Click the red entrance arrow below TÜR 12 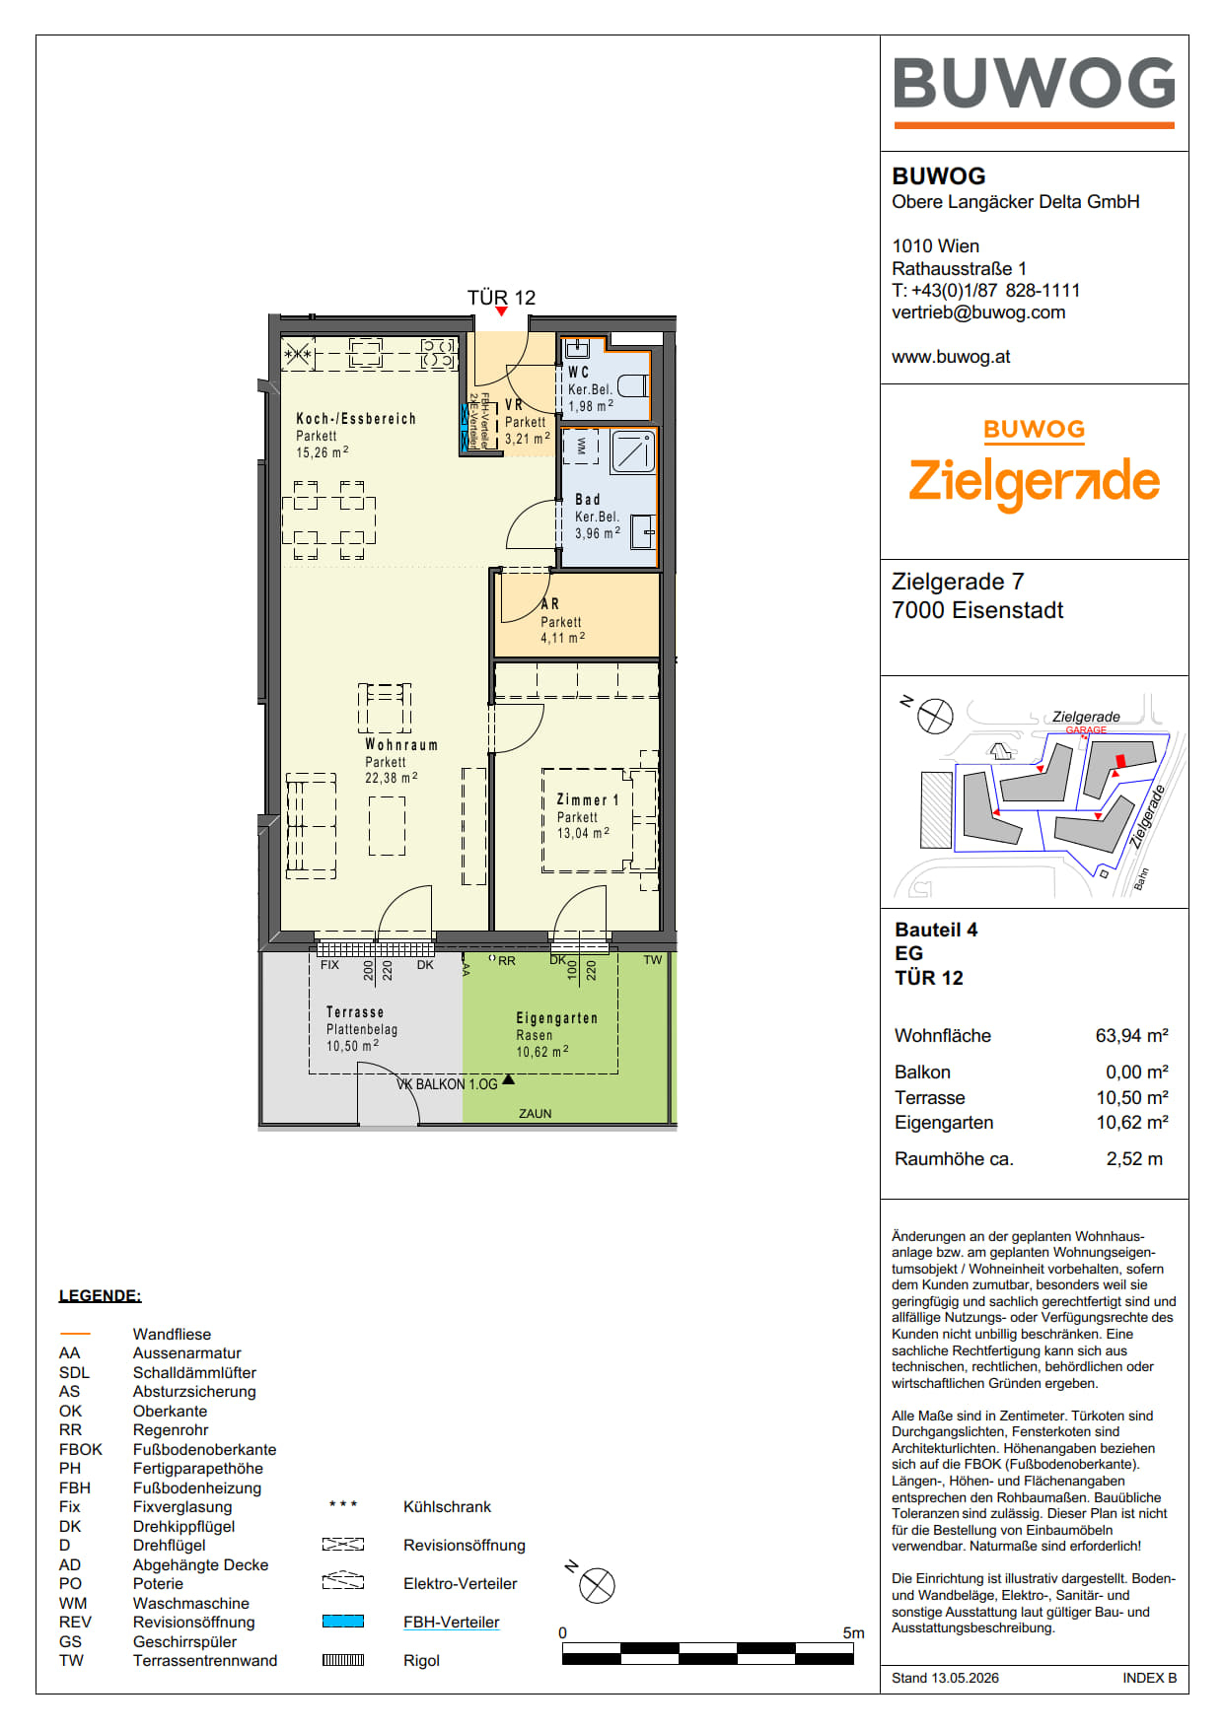(502, 311)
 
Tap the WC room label (579, 372)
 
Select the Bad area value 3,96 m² (598, 533)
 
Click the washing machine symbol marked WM (581, 446)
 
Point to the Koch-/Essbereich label (356, 419)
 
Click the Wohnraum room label (401, 745)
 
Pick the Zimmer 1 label (588, 800)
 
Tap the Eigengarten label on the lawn (557, 1018)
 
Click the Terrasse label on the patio (355, 1012)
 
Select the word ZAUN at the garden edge (536, 1114)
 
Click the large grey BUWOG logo (1035, 83)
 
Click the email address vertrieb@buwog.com (978, 312)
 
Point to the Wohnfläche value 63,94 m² (1132, 1035)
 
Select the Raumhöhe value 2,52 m (1134, 1159)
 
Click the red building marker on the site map (1119, 761)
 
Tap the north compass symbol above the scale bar (597, 1586)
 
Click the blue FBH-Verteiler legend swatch (343, 1622)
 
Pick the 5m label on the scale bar (853, 1633)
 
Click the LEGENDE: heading (100, 1295)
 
